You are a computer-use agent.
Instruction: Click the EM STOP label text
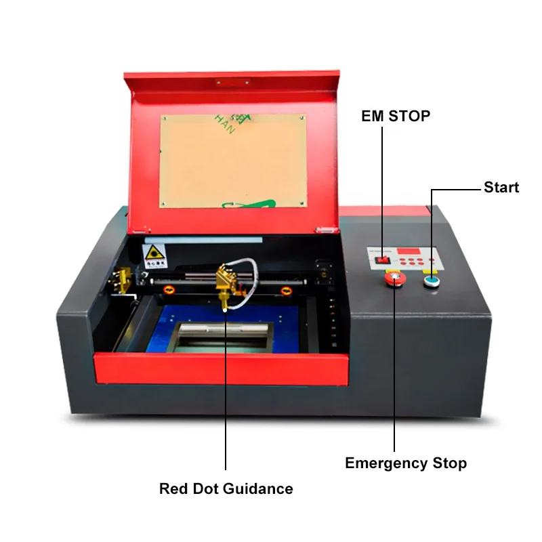pyautogui.click(x=396, y=116)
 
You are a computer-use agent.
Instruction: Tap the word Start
pyautogui.click(x=501, y=187)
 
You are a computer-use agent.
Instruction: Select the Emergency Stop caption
pyautogui.click(x=406, y=463)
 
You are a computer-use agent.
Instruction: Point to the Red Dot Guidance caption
pyautogui.click(x=226, y=488)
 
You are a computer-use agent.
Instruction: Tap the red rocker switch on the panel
pyautogui.click(x=383, y=257)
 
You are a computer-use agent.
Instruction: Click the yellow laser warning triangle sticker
pyautogui.click(x=153, y=254)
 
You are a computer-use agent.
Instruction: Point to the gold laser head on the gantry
pyautogui.click(x=224, y=285)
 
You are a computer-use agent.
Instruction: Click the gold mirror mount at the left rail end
pyautogui.click(x=123, y=278)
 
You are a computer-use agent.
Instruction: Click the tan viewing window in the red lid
pyautogui.click(x=232, y=161)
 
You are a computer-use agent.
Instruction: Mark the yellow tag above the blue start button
pyautogui.click(x=430, y=271)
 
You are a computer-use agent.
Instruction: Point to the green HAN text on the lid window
pyautogui.click(x=224, y=125)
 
